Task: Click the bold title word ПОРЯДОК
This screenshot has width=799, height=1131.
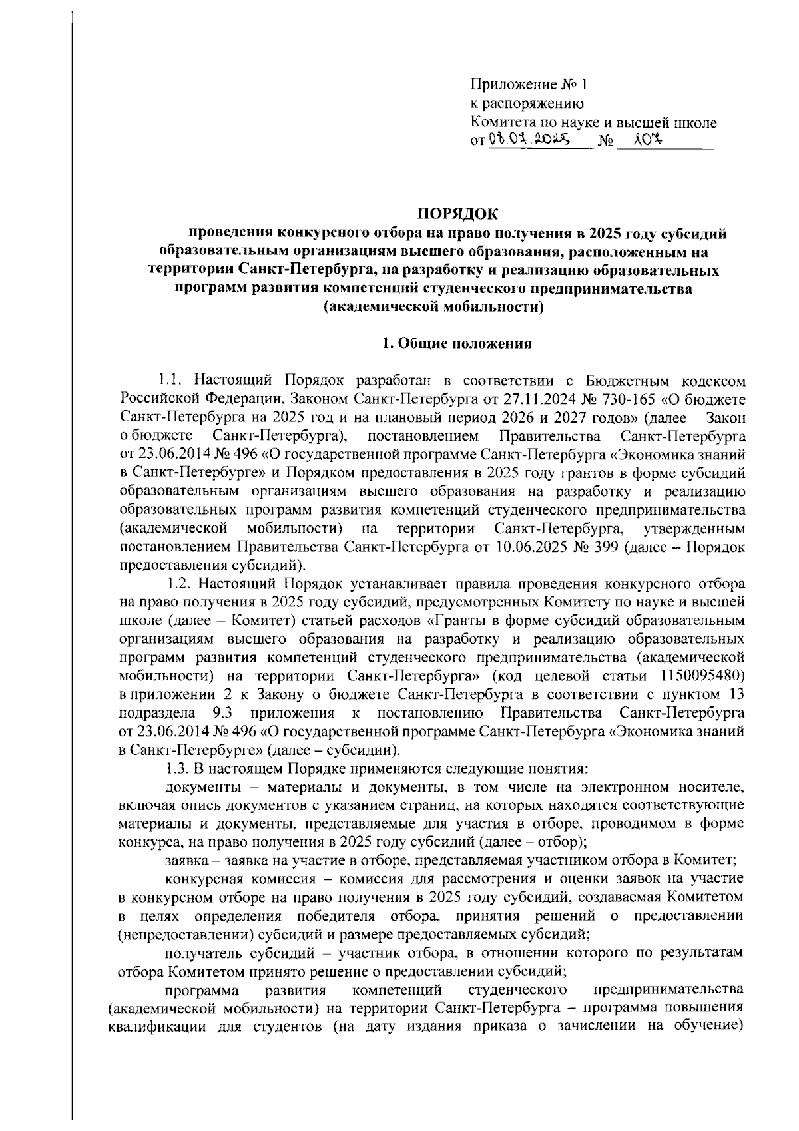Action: [x=457, y=214]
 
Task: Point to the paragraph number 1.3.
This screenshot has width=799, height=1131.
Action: [x=176, y=768]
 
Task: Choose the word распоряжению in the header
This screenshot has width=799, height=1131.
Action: [x=527, y=104]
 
